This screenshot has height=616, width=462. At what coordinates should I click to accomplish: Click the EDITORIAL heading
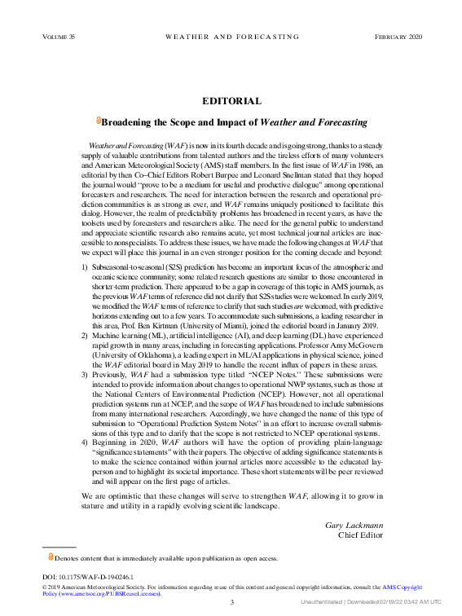tap(231, 101)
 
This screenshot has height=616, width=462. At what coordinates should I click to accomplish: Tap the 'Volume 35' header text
tap(58, 37)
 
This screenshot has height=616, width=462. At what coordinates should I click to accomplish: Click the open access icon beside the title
tap(98, 121)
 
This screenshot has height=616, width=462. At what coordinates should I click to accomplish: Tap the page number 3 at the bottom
tap(231, 602)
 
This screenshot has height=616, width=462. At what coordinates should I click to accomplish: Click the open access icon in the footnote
tap(51, 557)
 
